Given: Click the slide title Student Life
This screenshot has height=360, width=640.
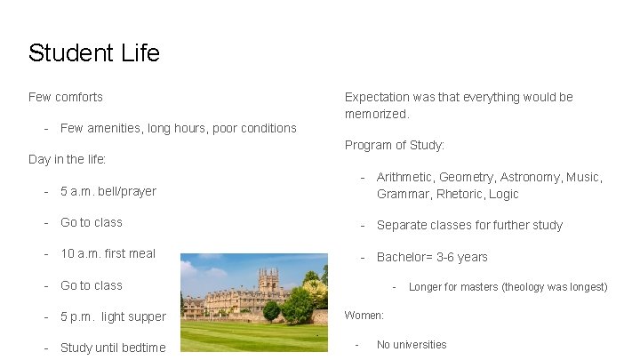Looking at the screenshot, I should pos(93,53).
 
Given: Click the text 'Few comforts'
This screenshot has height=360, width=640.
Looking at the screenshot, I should pos(66,97).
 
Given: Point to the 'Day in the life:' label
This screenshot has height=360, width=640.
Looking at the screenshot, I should pos(68,160).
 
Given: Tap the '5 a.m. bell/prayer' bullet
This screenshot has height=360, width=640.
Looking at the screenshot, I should pos(108,191).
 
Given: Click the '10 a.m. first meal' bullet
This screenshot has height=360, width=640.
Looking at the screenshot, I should pos(108,253).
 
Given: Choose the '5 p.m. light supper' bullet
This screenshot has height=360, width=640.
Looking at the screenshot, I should pos(113,316).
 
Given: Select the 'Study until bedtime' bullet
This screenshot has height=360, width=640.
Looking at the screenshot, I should pos(113,348).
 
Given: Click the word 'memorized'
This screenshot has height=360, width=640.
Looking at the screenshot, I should pos(376,114).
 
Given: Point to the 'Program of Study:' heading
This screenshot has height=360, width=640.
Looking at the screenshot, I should pos(395,145).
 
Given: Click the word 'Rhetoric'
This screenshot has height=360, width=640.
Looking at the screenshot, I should pos(460,194).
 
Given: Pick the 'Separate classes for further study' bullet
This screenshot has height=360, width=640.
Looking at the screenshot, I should pos(469,225).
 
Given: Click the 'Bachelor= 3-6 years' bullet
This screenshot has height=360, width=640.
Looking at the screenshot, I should pos(432,257).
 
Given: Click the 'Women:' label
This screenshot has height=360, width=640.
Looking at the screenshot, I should pos(364,316).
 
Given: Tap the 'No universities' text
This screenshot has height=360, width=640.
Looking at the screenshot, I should pos(412,345).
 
